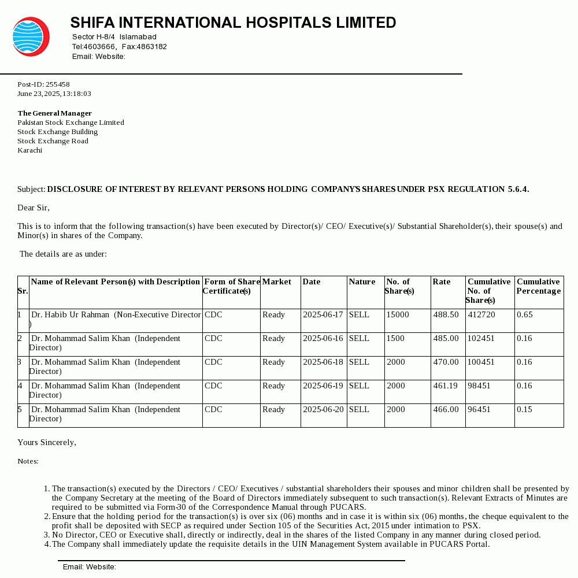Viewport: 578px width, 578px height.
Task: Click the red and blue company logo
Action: (31, 36)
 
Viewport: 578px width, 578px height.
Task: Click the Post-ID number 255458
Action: (57, 84)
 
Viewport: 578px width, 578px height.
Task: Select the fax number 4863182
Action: (151, 47)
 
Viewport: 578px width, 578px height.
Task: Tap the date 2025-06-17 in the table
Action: (323, 315)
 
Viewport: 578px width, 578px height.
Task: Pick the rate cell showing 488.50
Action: (446, 315)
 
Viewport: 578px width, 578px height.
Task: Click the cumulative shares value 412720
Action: (481, 315)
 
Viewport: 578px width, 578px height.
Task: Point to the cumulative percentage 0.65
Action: (525, 315)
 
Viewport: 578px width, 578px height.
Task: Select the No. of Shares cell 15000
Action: (398, 315)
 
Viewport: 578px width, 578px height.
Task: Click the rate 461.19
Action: (446, 386)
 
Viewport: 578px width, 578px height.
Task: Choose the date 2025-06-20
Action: (323, 410)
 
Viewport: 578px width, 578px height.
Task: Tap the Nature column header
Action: (362, 282)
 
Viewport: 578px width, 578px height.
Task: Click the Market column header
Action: (277, 282)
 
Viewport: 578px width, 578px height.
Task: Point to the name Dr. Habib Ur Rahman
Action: (70, 315)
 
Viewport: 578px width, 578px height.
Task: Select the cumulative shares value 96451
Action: (479, 410)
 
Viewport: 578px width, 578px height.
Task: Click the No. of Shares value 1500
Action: (395, 339)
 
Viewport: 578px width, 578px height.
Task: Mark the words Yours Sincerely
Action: (46, 443)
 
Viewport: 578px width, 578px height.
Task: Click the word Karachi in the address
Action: (29, 150)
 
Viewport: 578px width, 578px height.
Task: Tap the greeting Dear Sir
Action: (33, 208)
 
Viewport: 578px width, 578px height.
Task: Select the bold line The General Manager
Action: (54, 113)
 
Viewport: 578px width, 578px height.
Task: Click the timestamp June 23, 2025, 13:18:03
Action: (54, 94)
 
